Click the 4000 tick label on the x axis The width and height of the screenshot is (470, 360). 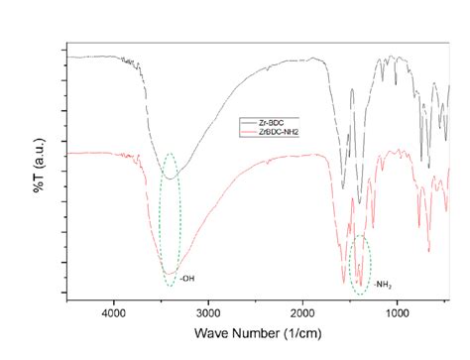click(x=115, y=311)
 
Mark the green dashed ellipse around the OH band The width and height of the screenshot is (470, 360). click(x=171, y=219)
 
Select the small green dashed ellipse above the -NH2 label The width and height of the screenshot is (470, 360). click(x=361, y=261)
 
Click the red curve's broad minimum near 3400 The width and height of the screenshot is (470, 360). click(x=171, y=272)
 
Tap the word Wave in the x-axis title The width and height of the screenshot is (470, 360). click(x=212, y=333)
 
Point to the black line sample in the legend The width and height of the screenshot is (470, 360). click(x=248, y=122)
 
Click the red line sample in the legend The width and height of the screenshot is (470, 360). click(x=248, y=130)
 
